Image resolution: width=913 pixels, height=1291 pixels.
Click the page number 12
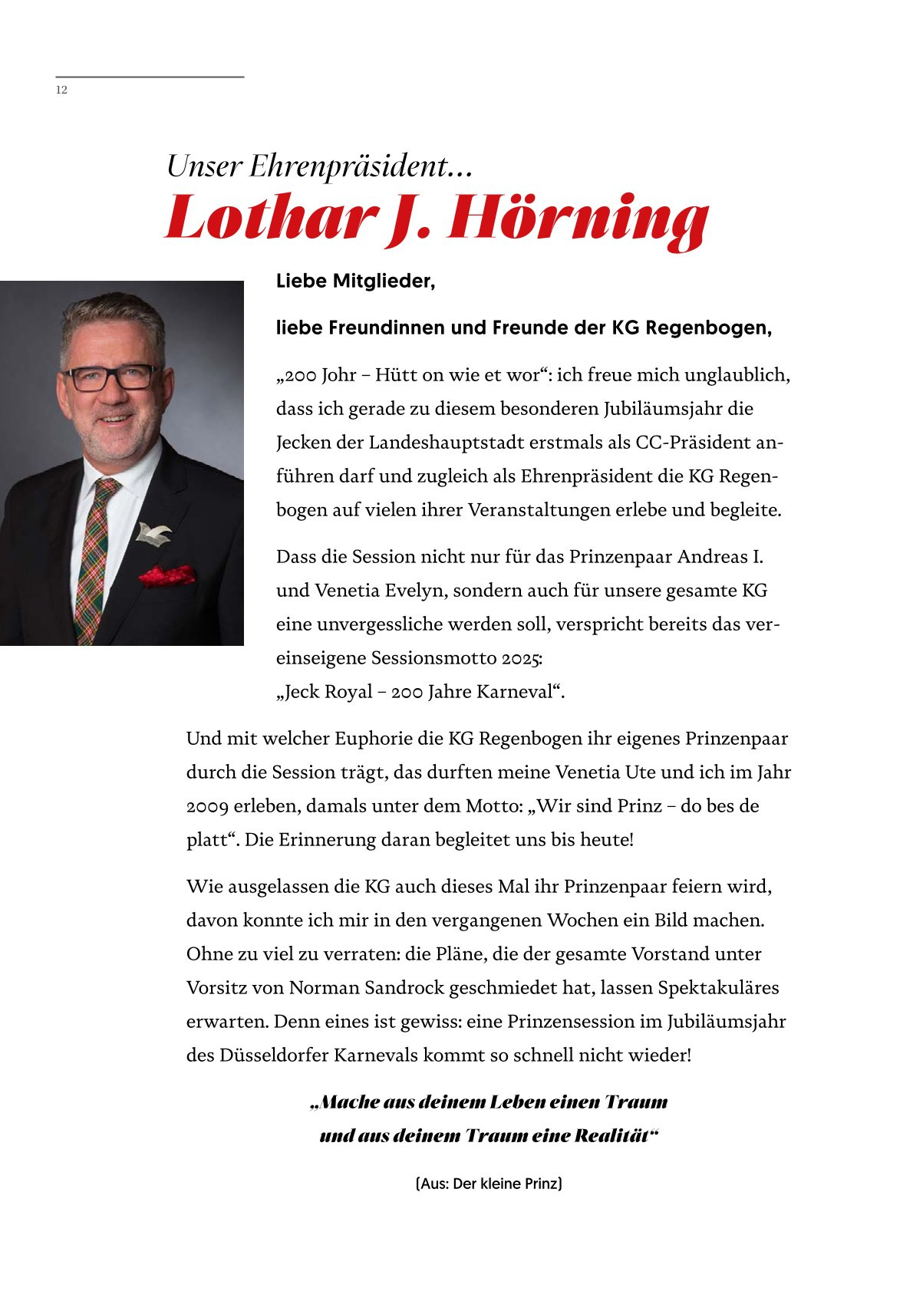pyautogui.click(x=61, y=90)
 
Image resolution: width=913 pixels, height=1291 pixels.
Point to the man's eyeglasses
pyautogui.click(x=110, y=377)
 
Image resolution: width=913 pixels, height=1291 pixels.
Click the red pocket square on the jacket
pyautogui.click(x=166, y=574)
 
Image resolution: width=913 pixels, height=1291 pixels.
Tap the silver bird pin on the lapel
pyautogui.click(x=153, y=531)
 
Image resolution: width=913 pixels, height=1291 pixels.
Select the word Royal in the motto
pyautogui.click(x=349, y=692)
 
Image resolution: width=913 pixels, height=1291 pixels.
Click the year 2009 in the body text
pyautogui.click(x=206, y=806)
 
